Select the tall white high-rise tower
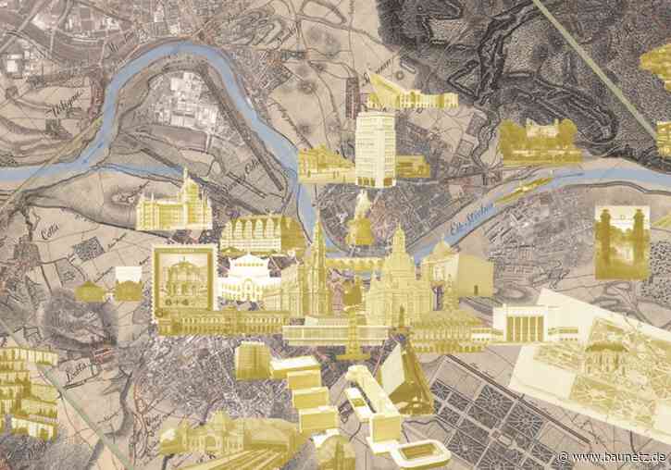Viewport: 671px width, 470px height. point(375,148)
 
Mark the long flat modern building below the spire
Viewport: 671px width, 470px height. point(333,330)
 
